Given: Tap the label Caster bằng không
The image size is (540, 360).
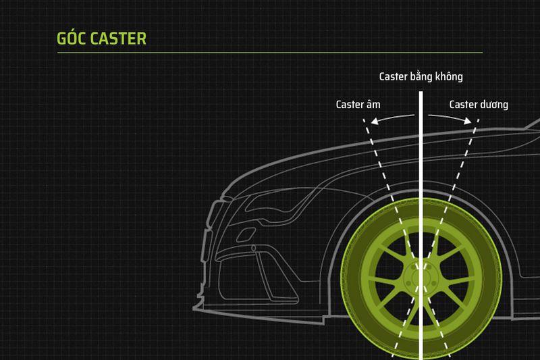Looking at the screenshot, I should pos(421,76).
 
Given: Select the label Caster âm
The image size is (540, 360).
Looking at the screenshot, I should pos(358,105).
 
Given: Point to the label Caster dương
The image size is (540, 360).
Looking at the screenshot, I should pos(479,105).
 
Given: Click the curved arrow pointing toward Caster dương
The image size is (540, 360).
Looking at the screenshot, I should pos(450,118).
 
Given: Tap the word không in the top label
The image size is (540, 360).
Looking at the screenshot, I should pos(448,76).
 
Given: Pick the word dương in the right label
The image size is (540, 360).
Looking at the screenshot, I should pos(493,105).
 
